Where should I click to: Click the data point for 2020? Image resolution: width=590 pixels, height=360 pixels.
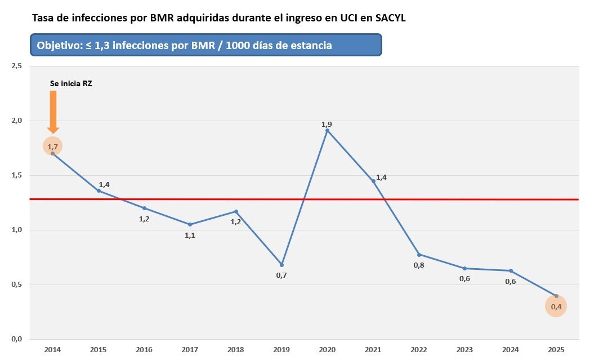pos(327,130)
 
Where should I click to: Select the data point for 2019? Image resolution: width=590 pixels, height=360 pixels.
pos(281,265)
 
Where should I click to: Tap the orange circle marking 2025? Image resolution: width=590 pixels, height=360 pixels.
pos(556,306)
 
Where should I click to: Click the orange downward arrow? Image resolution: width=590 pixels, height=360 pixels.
pos(53,112)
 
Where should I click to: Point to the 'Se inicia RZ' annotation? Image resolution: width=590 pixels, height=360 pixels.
pos(71,83)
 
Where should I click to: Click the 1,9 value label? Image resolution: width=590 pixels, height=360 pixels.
pos(327,124)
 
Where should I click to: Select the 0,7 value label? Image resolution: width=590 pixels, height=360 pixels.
pos(281,275)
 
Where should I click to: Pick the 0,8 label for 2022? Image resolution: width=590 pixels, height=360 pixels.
pos(419,265)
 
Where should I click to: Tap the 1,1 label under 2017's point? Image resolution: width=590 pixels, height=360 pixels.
pos(190,235)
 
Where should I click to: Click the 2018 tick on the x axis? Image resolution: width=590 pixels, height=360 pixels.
pos(235,350)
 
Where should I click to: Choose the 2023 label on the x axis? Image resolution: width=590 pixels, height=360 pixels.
pos(464,350)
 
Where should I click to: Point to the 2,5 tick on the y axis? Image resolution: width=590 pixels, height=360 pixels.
pos(16,66)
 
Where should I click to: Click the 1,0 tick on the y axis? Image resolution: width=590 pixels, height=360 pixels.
pos(16,230)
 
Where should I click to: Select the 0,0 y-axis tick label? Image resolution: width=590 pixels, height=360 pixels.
pos(16,339)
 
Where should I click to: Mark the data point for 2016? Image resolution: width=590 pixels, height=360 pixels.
pos(144,208)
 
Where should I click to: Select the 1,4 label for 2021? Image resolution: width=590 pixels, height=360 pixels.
pos(381,177)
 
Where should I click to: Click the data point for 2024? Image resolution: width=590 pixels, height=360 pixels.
pos(511,270)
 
